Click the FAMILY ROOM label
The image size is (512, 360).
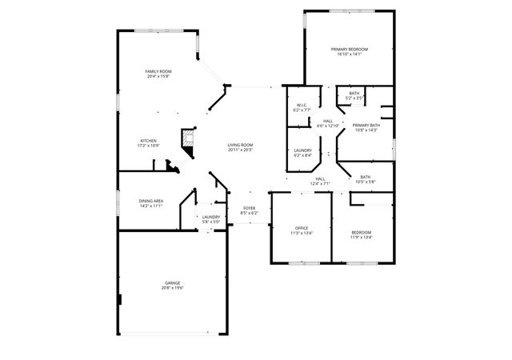pyautogui.click(x=158, y=71)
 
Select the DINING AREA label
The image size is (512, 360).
pyautogui.click(x=151, y=201)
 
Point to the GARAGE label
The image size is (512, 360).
pyautogui.click(x=172, y=283)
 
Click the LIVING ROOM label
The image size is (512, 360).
pyautogui.click(x=240, y=145)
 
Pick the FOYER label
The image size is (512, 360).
pyautogui.click(x=250, y=209)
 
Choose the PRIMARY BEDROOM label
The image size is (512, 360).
pyautogui.click(x=348, y=50)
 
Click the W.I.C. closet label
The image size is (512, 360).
pyautogui.click(x=302, y=105)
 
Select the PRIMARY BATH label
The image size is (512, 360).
pyautogui.click(x=366, y=125)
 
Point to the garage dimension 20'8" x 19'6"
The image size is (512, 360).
pyautogui.click(x=172, y=288)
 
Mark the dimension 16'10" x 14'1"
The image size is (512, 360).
pyautogui.click(x=348, y=54)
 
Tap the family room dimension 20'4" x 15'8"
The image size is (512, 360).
pyautogui.click(x=158, y=76)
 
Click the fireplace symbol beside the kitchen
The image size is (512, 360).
pyautogui.click(x=189, y=137)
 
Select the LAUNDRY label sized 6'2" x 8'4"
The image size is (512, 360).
pyautogui.click(x=302, y=150)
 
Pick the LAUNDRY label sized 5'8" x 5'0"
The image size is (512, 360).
pyautogui.click(x=211, y=217)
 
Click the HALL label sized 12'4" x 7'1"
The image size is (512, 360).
pyautogui.click(x=320, y=178)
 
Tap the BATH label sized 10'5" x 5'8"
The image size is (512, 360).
pyautogui.click(x=365, y=177)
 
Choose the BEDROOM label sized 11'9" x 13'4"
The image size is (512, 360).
pyautogui.click(x=361, y=232)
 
